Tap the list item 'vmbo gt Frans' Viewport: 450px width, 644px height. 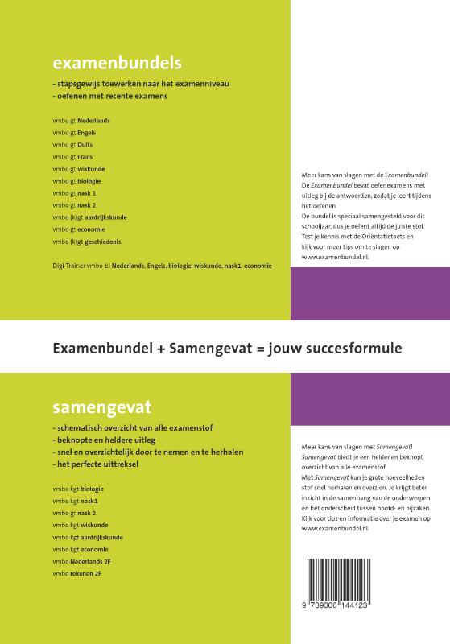pyautogui.click(x=72, y=157)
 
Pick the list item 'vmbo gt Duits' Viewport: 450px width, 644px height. pyautogui.click(x=72, y=145)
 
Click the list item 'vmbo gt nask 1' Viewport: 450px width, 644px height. pyautogui.click(x=74, y=193)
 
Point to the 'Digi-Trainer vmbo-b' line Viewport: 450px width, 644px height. pyautogui.click(x=161, y=265)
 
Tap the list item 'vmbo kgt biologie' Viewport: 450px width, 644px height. pyautogui.click(x=77, y=488)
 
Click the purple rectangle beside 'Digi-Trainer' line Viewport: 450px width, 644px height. pyautogui.click(x=369, y=294)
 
